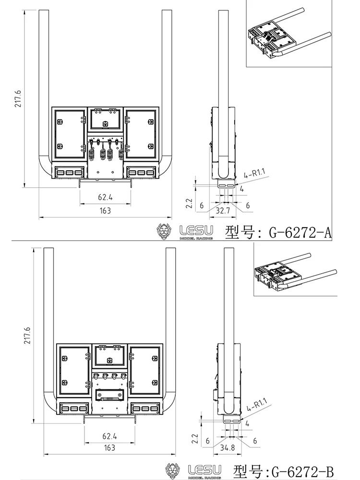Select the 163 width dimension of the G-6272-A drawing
105,211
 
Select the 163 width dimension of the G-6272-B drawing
109,447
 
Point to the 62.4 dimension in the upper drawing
105,197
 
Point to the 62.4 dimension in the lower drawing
109,436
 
